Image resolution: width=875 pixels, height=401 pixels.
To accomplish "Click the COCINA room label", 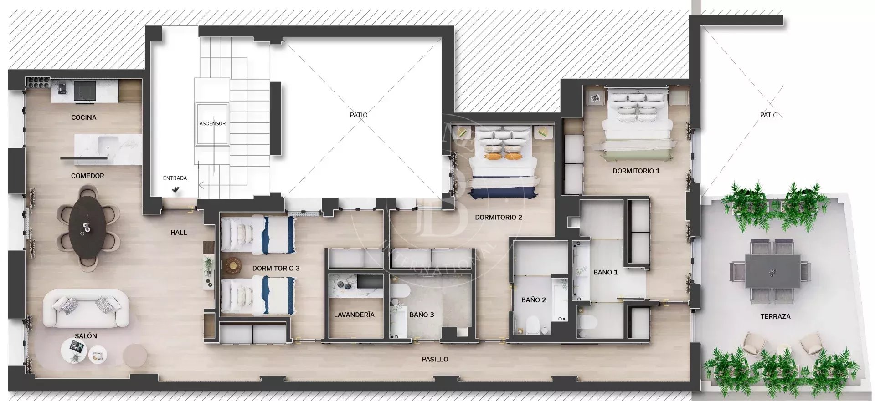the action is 84,117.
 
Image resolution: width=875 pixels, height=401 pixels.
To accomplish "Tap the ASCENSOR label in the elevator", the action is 212,123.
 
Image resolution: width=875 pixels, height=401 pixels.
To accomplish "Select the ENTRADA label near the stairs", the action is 175,178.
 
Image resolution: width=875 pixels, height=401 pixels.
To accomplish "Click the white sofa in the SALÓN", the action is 86,308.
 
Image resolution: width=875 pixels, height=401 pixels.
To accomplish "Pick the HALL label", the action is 179,233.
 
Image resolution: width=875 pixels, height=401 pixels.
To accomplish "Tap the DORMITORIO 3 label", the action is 276,268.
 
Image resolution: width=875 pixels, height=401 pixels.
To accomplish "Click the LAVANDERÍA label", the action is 354,315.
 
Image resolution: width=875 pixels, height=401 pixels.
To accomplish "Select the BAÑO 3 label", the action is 422,315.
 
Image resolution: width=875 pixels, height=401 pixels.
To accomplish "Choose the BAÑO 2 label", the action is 534,300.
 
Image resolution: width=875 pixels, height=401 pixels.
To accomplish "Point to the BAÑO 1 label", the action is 606,272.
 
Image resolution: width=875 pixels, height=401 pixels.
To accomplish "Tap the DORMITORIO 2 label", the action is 499,217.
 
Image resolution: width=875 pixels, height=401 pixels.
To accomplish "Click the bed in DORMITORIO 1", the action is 636,125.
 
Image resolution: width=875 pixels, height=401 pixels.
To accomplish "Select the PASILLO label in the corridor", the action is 435,359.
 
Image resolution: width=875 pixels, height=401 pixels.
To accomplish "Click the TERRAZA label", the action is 775,316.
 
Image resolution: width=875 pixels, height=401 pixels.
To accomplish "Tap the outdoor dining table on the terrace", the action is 772,271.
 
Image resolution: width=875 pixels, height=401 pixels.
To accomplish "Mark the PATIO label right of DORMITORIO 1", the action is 769,115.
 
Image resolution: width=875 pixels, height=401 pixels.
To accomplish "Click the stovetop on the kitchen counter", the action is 85,91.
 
